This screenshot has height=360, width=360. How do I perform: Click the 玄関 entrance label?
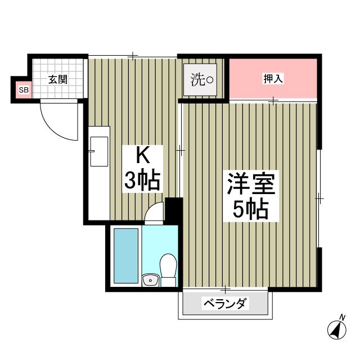point(57,79)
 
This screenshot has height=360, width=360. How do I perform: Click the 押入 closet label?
point(273,79)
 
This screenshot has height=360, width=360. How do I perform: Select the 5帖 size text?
point(250,210)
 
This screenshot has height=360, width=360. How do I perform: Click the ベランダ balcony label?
point(224,304)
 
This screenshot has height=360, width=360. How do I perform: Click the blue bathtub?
point(125,256)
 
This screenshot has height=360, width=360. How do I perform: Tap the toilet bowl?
point(167,265)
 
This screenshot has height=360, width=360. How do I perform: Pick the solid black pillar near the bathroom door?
point(174,210)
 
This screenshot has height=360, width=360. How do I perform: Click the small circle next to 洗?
point(210,80)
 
